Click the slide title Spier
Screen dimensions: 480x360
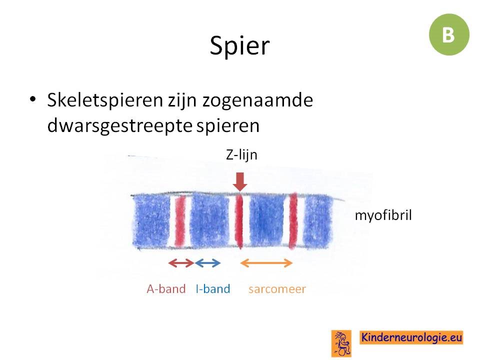[x=239, y=45]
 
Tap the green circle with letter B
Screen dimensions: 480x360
[x=449, y=34]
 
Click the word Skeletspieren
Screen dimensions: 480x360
[x=105, y=100]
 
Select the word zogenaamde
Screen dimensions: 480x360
[x=258, y=100]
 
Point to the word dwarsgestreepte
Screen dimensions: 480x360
[x=119, y=125]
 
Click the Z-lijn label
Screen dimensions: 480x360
[x=241, y=155]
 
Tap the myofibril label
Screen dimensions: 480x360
[x=383, y=215]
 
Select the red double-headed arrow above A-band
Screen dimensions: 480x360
[x=181, y=262]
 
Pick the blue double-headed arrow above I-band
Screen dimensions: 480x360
[x=207, y=262]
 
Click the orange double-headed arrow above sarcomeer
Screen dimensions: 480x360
[x=266, y=262]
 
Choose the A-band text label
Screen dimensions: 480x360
[x=166, y=288]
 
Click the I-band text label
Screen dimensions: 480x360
[x=213, y=288]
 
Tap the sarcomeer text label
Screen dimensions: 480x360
[x=277, y=289]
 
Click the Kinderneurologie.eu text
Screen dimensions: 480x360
[x=411, y=337]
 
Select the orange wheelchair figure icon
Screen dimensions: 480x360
[x=341, y=343]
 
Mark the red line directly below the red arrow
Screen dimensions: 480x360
[x=239, y=221]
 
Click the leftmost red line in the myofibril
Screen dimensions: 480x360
[x=180, y=221]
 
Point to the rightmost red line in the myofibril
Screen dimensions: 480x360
[x=293, y=220]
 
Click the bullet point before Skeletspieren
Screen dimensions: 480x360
[x=33, y=99]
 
